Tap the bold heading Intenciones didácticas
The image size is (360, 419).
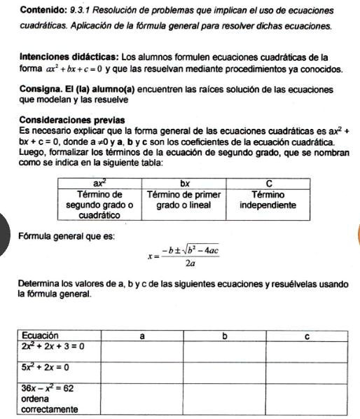(69, 56)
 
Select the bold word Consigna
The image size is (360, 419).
(43, 90)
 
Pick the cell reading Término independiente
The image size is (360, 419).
(268, 200)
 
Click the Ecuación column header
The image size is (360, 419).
(41, 336)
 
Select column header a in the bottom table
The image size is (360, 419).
(142, 336)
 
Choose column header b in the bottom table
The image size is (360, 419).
(224, 336)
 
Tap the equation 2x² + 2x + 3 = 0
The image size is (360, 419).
(53, 346)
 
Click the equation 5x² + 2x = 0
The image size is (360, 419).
(45, 366)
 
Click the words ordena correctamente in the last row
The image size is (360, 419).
(50, 403)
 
